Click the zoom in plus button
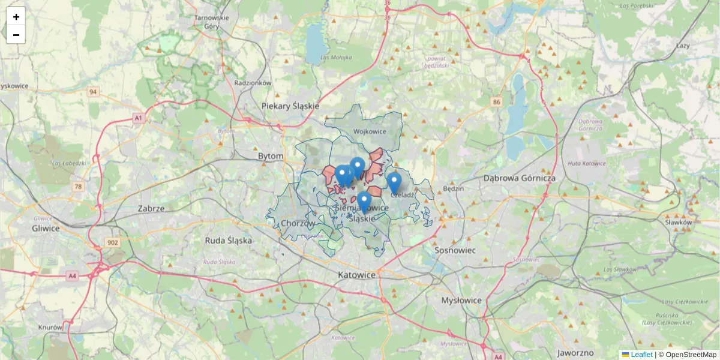[16, 17]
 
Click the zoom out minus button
[16, 35]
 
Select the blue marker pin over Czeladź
[394, 181]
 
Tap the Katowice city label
[356, 275]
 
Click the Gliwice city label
[46, 229]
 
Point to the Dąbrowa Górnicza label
[520, 178]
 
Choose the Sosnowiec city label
[455, 250]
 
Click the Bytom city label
[270, 156]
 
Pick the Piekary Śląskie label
[290, 106]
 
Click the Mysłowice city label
[461, 300]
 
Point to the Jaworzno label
[575, 352]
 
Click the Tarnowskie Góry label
[212, 22]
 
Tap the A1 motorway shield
[139, 118]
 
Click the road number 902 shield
[113, 242]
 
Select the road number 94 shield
[92, 92]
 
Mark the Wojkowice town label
[370, 131]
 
